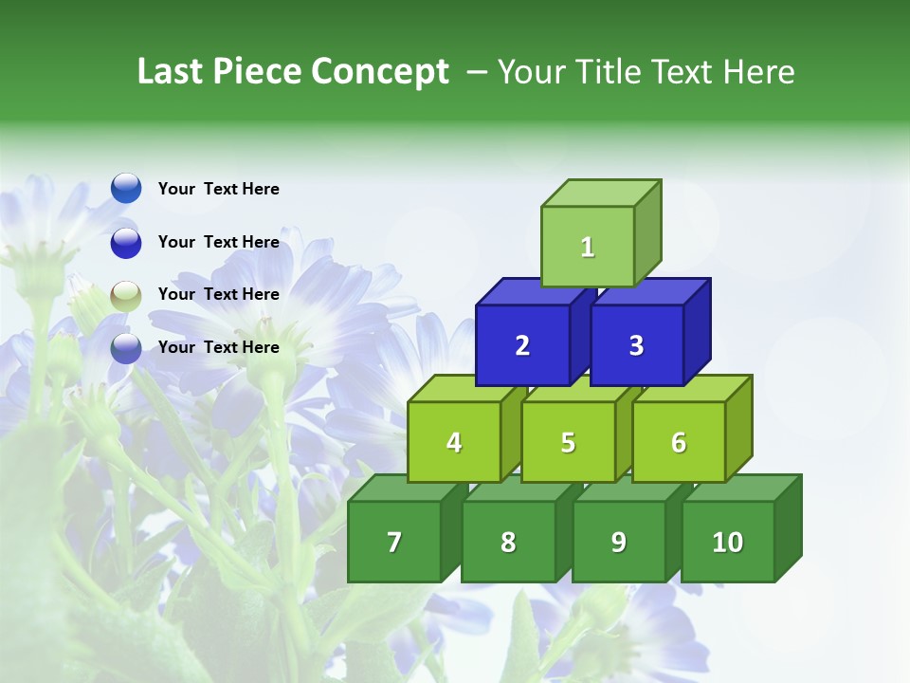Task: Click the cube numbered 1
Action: pos(587,247)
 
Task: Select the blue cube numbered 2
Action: pos(522,345)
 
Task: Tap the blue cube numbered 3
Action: pos(636,345)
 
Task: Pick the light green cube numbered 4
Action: pos(454,442)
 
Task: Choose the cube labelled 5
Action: pos(568,442)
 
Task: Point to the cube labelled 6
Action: pos(679,442)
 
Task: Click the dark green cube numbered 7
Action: pos(394,542)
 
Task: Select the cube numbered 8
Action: pos(508,542)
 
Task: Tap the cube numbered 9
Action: pos(618,542)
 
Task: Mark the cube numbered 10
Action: pos(727,542)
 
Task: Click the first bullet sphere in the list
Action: pos(126,188)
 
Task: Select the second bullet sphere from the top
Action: pos(126,242)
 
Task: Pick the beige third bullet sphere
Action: pos(126,295)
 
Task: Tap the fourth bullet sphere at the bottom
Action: pos(126,348)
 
